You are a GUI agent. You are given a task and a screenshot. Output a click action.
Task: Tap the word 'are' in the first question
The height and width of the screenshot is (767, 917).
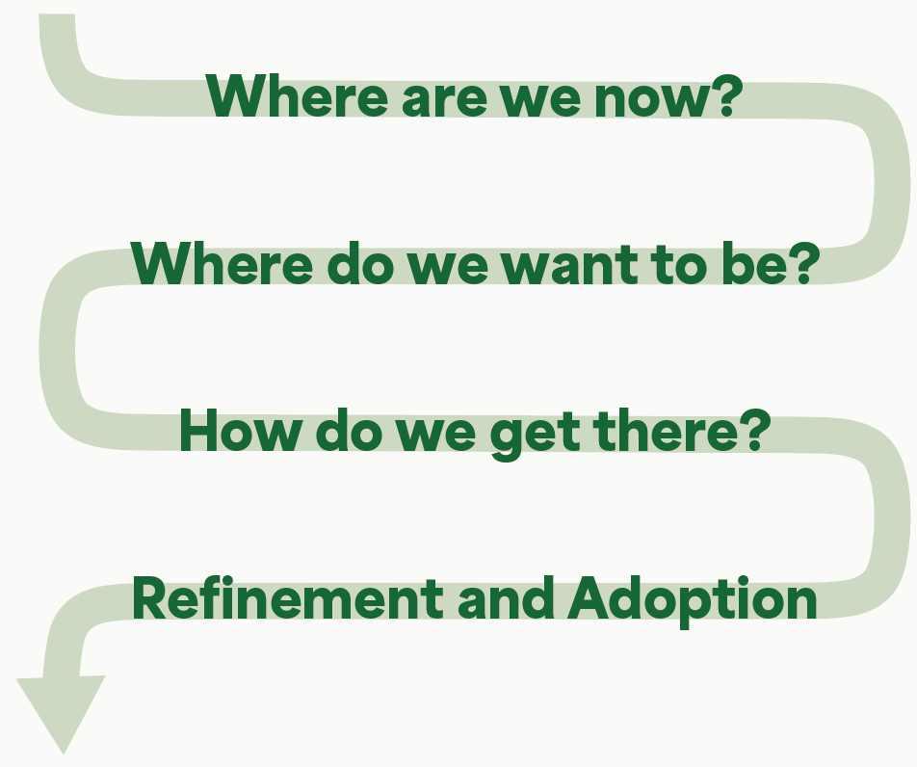click(444, 99)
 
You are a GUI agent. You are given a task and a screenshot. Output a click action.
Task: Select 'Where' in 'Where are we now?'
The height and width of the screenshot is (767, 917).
click(297, 95)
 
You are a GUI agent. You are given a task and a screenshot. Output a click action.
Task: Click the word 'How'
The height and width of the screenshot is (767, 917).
click(241, 431)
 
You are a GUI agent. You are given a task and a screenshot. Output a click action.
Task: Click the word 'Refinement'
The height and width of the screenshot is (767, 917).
click(287, 597)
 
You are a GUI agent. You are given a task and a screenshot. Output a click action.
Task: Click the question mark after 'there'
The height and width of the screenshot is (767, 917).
click(755, 431)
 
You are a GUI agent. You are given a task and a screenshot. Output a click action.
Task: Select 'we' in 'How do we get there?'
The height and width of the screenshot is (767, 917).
click(435, 436)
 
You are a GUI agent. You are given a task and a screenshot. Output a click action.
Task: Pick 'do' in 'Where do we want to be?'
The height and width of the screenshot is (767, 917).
click(359, 263)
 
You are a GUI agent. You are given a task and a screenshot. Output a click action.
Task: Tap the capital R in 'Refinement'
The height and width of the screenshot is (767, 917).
click(150, 598)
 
